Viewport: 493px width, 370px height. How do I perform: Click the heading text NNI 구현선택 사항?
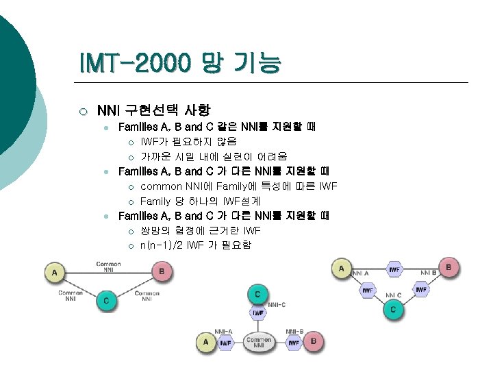pos(153,110)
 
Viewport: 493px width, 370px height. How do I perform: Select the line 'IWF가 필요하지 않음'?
pos(188,142)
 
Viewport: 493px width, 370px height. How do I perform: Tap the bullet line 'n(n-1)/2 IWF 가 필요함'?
pos(195,245)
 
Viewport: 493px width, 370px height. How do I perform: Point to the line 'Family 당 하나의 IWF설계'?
pos(200,201)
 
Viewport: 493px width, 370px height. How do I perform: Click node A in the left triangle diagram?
pos(55,273)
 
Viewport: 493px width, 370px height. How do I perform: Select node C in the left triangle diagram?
pos(105,300)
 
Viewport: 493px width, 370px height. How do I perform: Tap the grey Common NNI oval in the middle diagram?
pos(259,341)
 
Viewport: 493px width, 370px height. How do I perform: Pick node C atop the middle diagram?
pos(257,294)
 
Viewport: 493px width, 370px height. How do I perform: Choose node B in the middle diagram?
pos(313,341)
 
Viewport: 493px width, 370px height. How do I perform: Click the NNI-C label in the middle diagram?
pos(277,304)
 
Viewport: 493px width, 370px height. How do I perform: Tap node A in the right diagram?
pos(342,268)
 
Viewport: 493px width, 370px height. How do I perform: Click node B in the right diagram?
pos(448,267)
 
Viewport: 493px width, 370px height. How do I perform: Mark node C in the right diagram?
pos(393,310)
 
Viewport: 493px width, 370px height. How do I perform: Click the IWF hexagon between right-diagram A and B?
pos(394,269)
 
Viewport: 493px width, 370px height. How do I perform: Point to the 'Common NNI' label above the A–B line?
pos(108,267)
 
